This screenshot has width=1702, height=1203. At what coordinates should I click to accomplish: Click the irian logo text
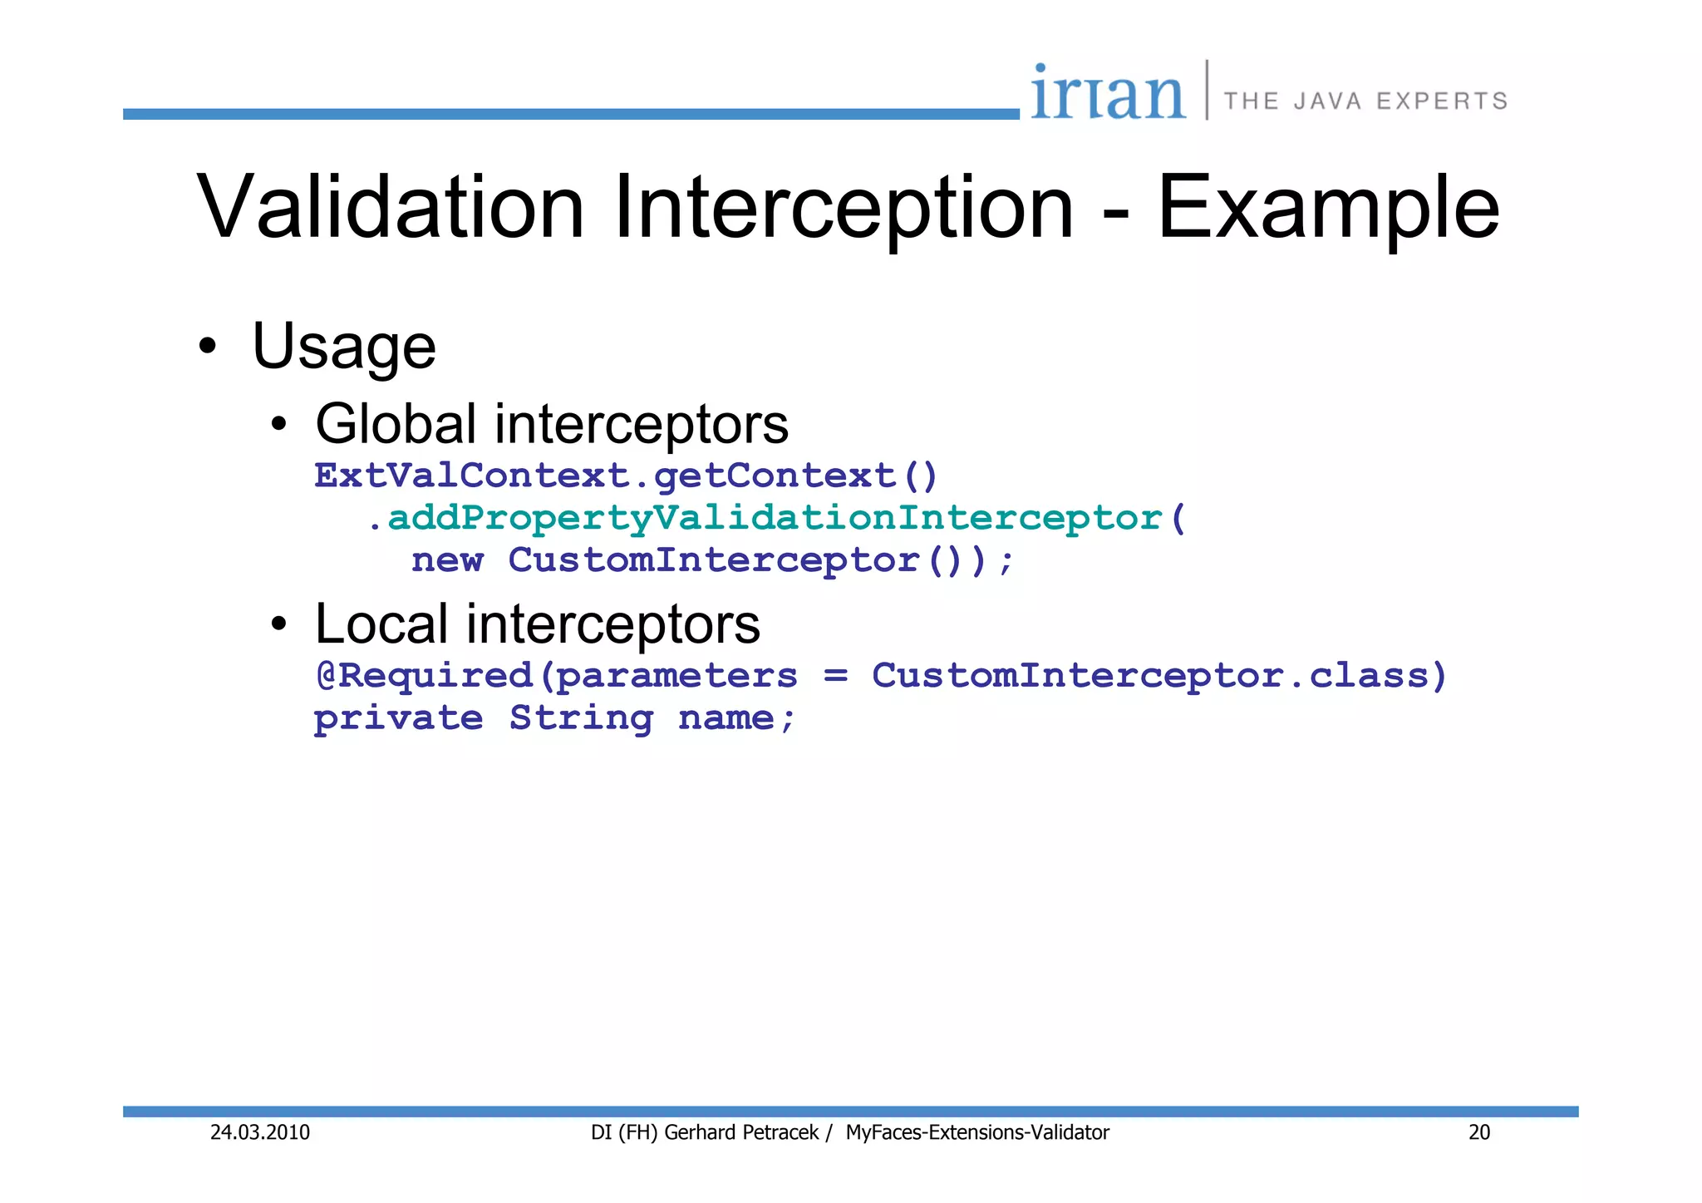1108,93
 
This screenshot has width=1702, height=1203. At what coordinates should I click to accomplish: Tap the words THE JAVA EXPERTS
1365,101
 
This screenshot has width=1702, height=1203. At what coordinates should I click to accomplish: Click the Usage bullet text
343,346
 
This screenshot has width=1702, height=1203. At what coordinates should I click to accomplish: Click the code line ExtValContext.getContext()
626,476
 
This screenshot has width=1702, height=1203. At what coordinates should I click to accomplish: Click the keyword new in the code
447,560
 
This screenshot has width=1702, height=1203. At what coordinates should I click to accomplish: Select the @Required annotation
424,676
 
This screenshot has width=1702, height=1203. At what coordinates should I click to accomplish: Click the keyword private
398,718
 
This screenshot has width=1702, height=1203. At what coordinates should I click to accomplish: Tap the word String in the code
581,718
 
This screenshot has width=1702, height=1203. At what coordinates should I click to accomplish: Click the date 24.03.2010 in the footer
259,1132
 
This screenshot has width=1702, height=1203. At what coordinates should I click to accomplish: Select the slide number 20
1479,1132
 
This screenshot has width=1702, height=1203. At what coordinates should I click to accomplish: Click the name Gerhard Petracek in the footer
741,1132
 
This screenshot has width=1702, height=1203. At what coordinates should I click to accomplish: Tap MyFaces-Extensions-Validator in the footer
977,1132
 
